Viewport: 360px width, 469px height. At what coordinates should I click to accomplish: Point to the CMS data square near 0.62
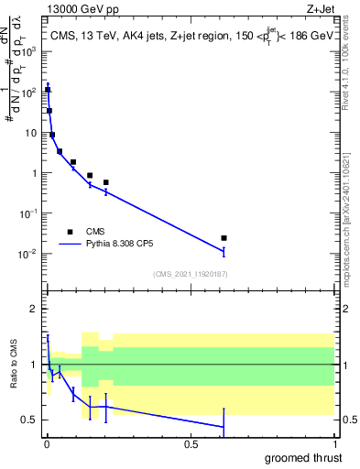[x=224, y=238]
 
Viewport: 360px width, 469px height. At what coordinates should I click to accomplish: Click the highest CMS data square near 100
[x=48, y=90]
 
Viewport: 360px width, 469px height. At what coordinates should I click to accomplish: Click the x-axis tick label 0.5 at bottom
[x=191, y=443]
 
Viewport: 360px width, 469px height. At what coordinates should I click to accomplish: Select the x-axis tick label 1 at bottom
[x=334, y=443]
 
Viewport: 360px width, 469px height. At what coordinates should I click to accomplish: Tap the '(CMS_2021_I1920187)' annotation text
[x=190, y=274]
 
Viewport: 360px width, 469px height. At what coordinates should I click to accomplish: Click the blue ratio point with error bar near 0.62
[x=224, y=427]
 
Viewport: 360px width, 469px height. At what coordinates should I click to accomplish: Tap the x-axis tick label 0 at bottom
[x=47, y=443]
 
